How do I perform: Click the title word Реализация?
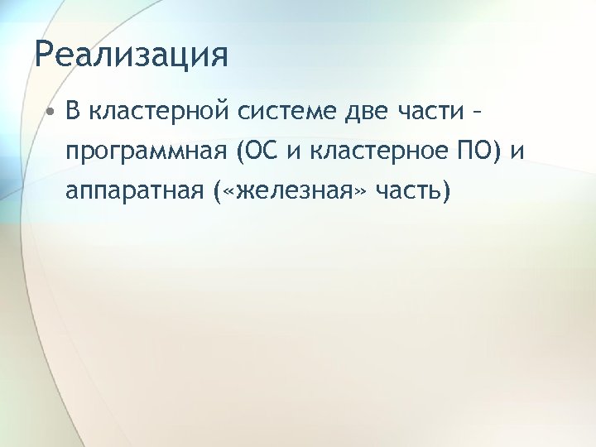(x=131, y=57)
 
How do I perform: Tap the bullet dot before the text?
(x=50, y=113)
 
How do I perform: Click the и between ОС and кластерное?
(x=291, y=155)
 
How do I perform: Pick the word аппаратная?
(x=132, y=193)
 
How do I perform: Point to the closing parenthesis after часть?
(x=448, y=194)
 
